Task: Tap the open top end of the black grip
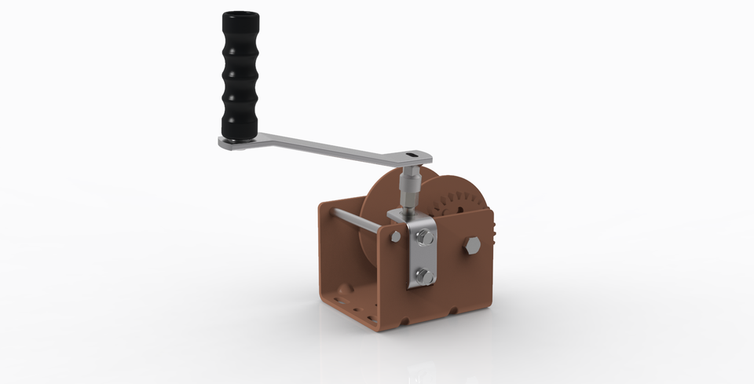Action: click(x=239, y=16)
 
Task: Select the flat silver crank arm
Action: click(x=330, y=148)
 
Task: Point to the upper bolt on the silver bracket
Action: click(x=425, y=237)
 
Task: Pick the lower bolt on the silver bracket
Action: click(x=424, y=276)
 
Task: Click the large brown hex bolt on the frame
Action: click(x=472, y=245)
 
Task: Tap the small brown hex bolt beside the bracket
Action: click(x=396, y=236)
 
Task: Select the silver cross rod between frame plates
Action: click(x=357, y=221)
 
